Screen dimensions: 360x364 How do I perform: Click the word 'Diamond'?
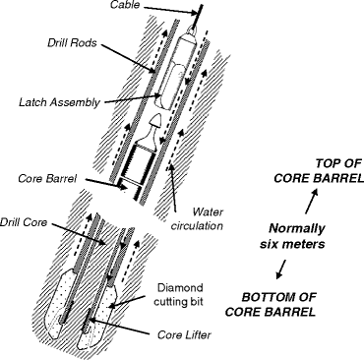coord(180,287)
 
